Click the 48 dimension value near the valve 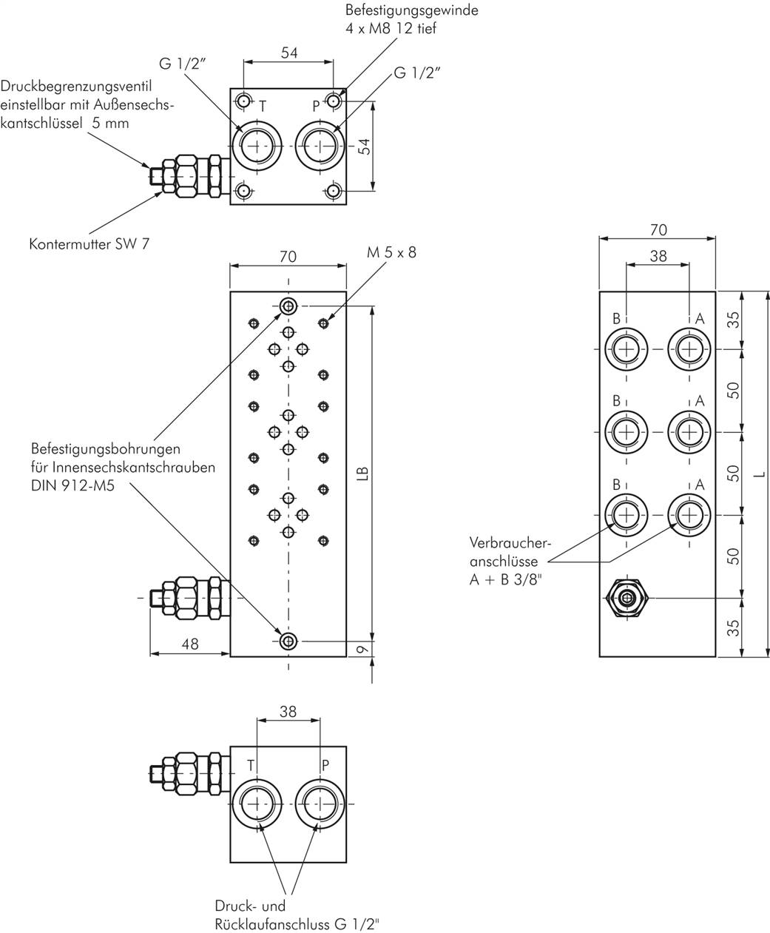coord(190,644)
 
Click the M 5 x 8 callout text coord(391,252)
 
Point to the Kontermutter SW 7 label coord(89,243)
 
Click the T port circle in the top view coord(257,146)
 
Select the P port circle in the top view coord(320,146)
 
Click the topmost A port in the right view coord(689,348)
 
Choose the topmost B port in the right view coord(627,348)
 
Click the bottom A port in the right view coord(689,514)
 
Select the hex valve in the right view coord(627,597)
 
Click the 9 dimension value coord(361,649)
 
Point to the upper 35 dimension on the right coord(733,320)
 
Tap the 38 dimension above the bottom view coord(288,711)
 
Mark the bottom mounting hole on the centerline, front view coord(288,641)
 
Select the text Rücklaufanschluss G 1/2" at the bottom coord(298,923)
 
